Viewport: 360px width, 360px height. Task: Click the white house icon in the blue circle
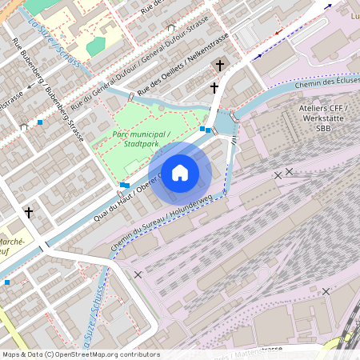pos(180,173)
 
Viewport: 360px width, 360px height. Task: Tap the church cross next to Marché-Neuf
pos(30,213)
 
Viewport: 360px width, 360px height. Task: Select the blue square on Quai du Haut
pos(124,185)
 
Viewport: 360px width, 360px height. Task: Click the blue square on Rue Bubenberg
pos(40,122)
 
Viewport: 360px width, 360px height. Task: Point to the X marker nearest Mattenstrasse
pos(326,291)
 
